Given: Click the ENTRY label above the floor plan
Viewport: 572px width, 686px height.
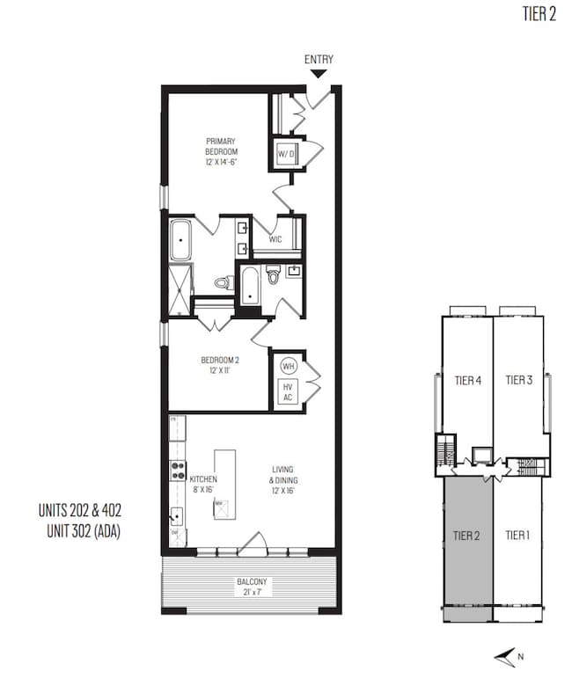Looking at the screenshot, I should tap(319, 60).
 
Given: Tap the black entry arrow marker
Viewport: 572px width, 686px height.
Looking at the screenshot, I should tap(319, 77).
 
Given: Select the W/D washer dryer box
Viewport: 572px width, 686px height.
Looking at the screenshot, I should tap(286, 155).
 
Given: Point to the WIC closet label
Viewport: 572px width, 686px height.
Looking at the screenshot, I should tap(275, 239).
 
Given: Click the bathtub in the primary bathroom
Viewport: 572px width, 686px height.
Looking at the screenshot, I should tap(180, 240).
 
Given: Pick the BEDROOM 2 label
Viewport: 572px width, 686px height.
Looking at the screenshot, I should tap(220, 365).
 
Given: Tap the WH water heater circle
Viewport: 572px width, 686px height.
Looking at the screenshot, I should tap(287, 365).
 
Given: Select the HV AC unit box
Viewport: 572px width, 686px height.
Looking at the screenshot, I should tap(287, 391).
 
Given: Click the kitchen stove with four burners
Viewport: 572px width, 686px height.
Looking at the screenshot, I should tap(177, 471).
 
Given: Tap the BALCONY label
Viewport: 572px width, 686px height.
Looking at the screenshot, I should tap(251, 587).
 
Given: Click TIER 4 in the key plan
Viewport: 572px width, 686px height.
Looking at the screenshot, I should tap(467, 381).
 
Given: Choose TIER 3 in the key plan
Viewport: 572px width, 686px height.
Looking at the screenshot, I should tap(518, 381).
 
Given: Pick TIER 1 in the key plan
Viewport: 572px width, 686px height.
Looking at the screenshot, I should tap(519, 533).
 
